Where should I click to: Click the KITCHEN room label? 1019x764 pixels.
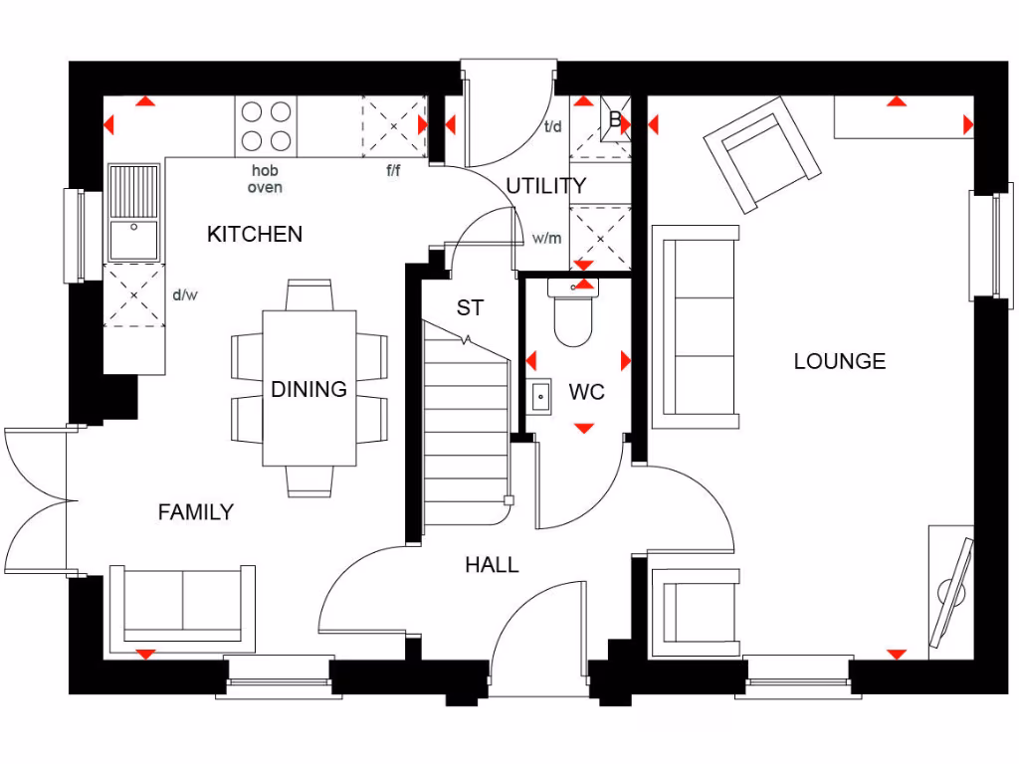255,235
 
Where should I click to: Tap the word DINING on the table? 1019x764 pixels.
308,389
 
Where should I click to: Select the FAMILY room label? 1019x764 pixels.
196,512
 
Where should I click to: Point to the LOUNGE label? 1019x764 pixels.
839,361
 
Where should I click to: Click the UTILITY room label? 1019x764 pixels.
545,186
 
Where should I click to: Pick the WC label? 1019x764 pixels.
587,393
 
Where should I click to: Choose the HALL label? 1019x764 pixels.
492,565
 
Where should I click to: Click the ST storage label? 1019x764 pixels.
470,308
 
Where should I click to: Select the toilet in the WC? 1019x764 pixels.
574,317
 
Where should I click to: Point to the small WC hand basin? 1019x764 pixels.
540,395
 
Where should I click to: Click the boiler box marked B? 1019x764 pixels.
615,120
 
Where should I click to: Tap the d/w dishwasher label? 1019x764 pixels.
186,294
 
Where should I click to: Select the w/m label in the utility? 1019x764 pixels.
546,239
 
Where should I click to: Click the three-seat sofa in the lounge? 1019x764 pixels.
696,326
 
